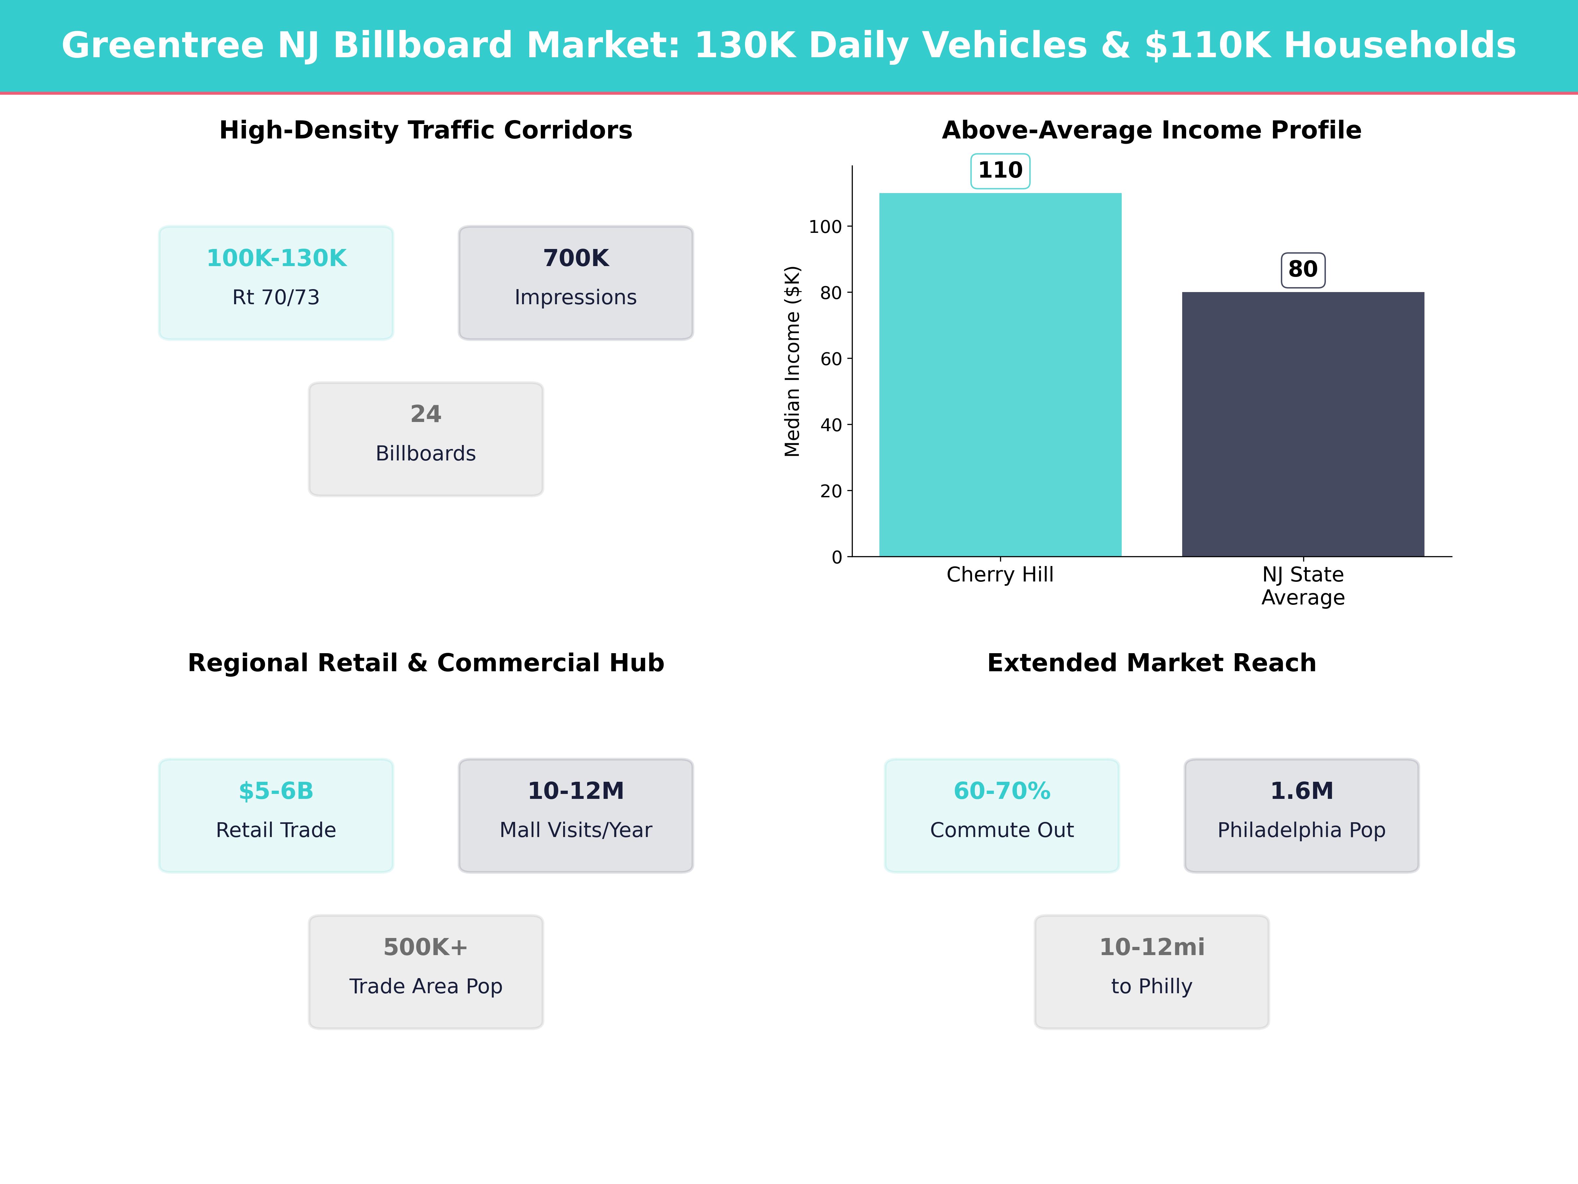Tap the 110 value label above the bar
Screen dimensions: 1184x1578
1000,171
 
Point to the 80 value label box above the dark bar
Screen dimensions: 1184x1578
1303,270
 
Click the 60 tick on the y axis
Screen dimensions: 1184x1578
831,359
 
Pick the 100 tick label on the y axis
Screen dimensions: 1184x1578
825,227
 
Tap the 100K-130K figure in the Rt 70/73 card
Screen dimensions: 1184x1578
276,259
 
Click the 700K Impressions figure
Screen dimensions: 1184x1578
576,259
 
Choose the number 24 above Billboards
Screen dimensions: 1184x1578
426,414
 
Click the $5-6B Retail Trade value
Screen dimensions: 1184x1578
276,791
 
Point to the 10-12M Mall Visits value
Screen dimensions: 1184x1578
576,791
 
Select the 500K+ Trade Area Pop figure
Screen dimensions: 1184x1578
426,947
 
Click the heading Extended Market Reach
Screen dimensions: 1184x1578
1151,663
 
